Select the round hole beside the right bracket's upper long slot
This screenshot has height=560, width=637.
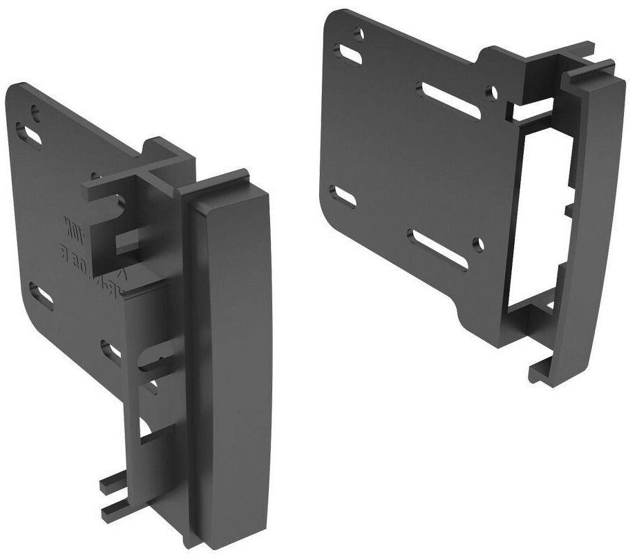491,90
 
